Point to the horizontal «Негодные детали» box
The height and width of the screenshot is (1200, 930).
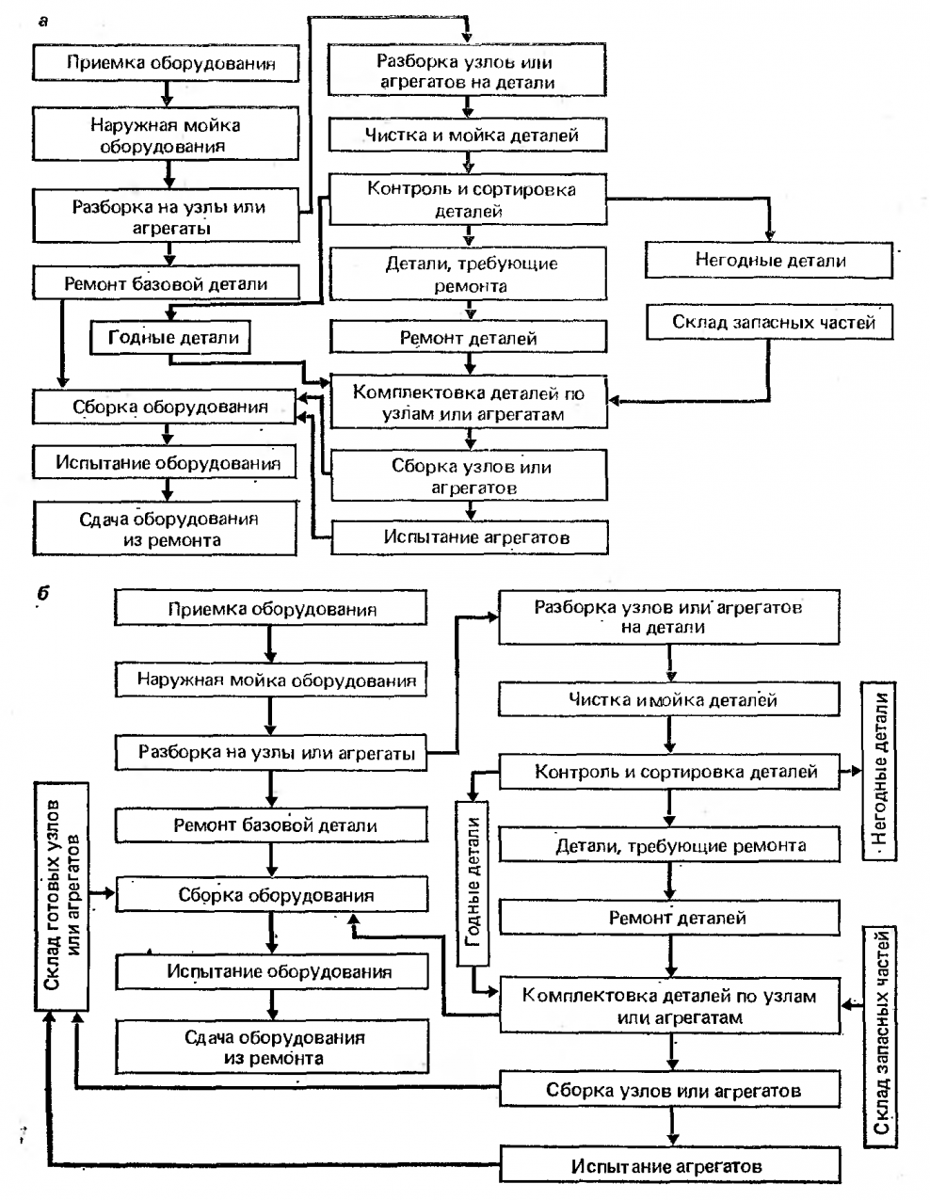[x=769, y=261]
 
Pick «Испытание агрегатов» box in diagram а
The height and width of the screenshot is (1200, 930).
[x=469, y=537]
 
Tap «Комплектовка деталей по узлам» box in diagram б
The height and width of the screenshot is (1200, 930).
[x=668, y=1006]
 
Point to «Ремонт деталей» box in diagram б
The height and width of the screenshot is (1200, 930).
[x=667, y=917]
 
